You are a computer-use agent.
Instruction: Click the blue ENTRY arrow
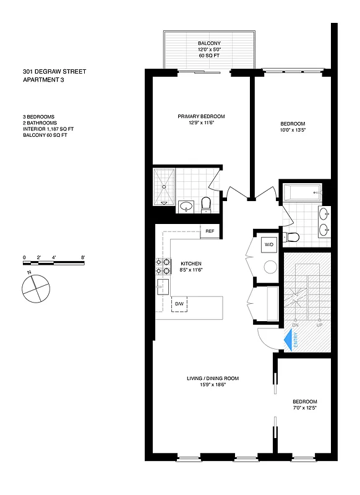tap(288, 340)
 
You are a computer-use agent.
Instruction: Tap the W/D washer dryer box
tap(269, 244)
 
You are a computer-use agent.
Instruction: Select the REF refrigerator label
tap(210, 231)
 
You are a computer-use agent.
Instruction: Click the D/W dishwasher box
tap(179, 304)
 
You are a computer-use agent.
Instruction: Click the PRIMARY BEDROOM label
tap(200, 116)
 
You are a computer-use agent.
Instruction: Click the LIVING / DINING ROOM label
tap(213, 378)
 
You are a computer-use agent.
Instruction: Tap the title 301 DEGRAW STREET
tap(50, 72)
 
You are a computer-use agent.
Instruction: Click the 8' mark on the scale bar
tap(82, 257)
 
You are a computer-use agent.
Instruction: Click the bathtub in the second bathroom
tap(301, 192)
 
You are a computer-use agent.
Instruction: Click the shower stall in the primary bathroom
tap(165, 185)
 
